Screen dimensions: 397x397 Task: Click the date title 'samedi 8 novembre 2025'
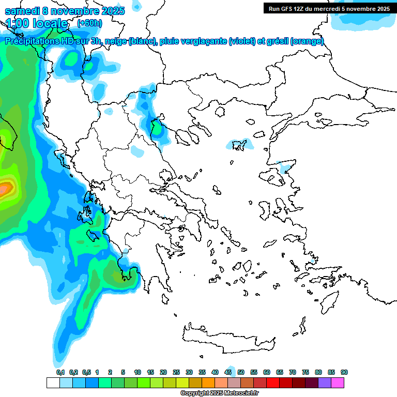tap(65, 11)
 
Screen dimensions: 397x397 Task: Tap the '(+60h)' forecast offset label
tap(89, 23)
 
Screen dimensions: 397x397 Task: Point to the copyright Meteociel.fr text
tap(220, 393)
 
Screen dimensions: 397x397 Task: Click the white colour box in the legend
tap(53, 383)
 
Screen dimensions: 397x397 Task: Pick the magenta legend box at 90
tap(338, 383)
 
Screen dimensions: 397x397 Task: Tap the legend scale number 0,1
tap(60, 372)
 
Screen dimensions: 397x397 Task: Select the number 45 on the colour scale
tap(228, 372)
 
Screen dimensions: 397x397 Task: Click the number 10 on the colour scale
tap(138, 372)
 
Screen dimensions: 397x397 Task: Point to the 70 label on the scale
tap(293, 372)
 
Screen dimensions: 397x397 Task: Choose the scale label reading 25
tap(176, 372)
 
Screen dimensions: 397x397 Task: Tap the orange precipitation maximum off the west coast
tap(5, 189)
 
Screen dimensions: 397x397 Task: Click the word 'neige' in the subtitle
tap(115, 41)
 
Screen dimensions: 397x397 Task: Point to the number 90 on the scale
tap(344, 372)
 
